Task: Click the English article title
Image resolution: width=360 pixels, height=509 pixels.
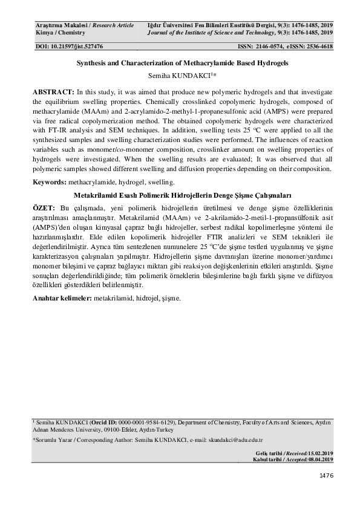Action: coord(180,62)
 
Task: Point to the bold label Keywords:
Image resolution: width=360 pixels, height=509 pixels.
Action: coord(51,182)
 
